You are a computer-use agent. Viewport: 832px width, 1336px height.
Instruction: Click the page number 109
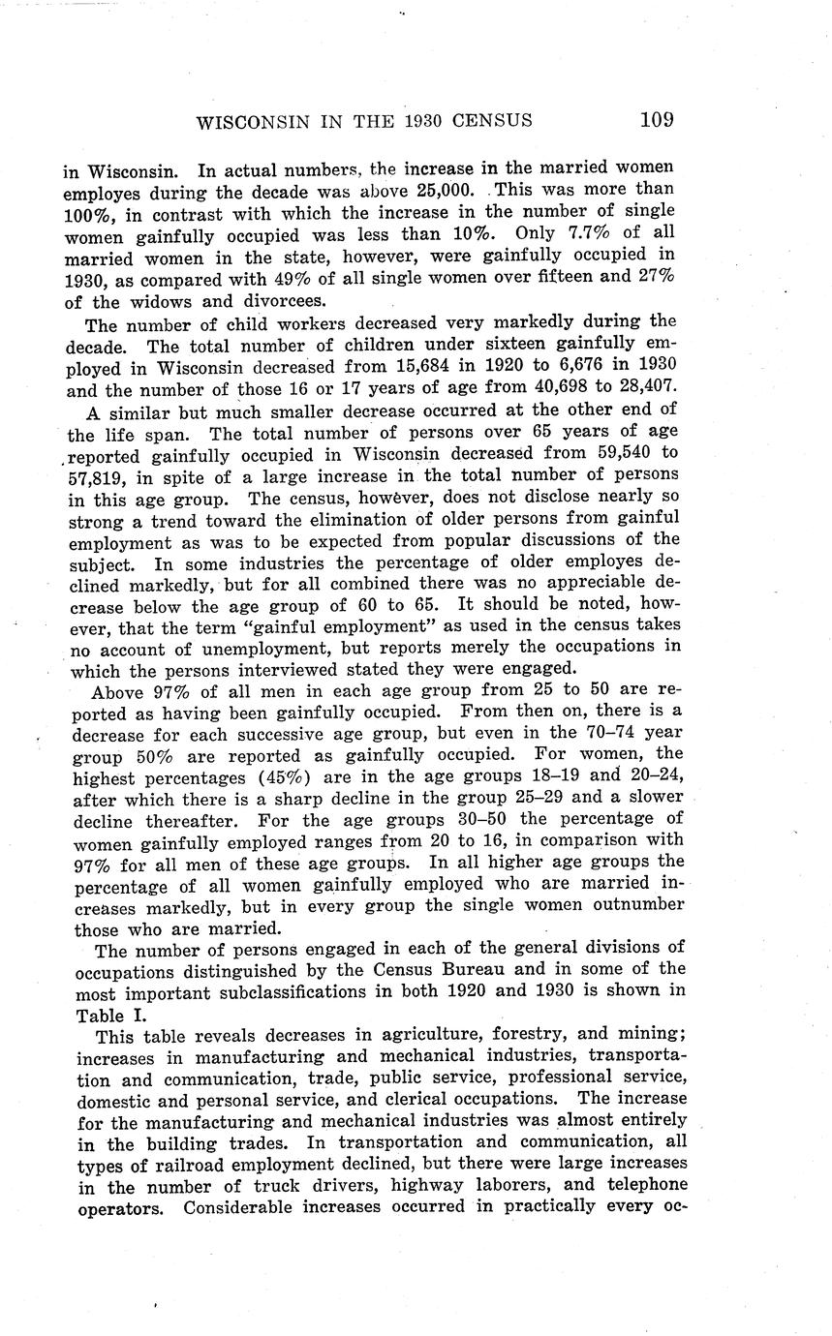click(x=656, y=120)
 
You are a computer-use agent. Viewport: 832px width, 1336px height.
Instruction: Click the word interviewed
click(x=298, y=669)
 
